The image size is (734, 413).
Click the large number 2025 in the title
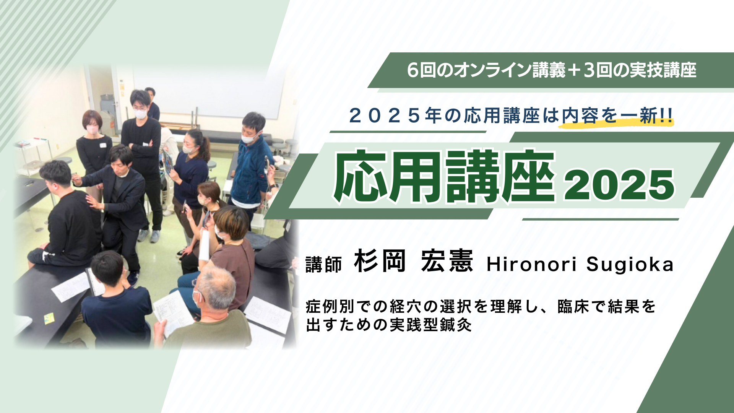(619, 185)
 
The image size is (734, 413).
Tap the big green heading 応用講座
(444, 176)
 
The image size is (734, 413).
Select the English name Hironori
(531, 265)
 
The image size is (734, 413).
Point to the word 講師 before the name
(323, 265)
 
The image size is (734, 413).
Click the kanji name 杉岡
(380, 261)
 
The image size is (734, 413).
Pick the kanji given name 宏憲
(447, 261)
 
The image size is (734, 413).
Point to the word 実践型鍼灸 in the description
(430, 325)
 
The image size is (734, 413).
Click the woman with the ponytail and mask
(191, 176)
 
